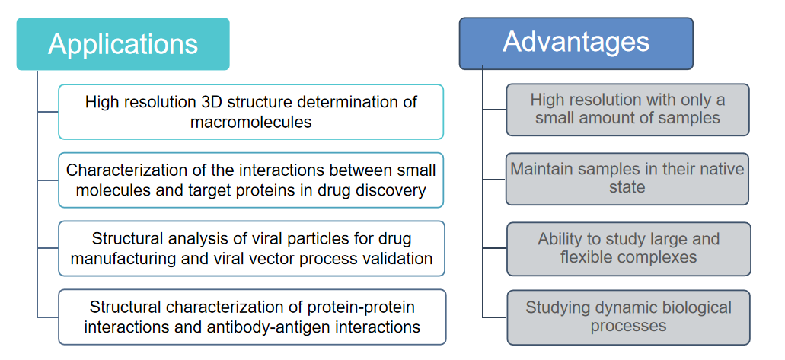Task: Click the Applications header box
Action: point(123,44)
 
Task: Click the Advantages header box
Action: point(576,43)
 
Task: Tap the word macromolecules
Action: point(250,123)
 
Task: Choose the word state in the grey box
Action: point(627,188)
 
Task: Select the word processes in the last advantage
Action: point(628,327)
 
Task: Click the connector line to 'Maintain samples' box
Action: point(495,179)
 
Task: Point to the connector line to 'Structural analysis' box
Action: point(48,248)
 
